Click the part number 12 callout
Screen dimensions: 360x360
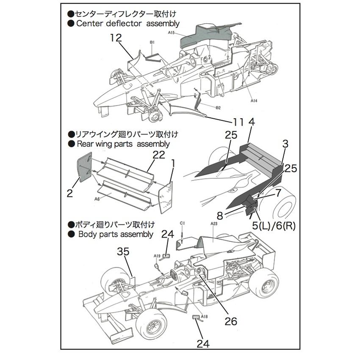[116, 38]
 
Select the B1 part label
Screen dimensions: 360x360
[152, 42]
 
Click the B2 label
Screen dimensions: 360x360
[218, 108]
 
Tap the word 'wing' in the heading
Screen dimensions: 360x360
[103, 144]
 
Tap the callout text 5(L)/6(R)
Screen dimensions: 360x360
[274, 225]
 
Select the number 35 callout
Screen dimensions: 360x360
[123, 252]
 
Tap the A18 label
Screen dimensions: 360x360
[205, 316]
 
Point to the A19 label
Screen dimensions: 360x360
[157, 256]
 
